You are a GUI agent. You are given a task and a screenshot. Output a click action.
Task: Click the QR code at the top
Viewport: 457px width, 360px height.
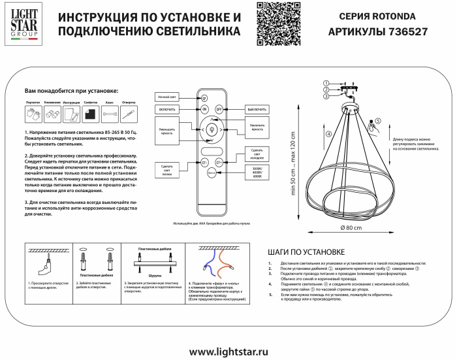coord(270,24)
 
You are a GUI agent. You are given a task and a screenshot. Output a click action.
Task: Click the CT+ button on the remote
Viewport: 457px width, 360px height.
coord(219,161)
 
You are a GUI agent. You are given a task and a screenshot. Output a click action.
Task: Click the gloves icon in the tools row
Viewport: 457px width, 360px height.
coord(34,114)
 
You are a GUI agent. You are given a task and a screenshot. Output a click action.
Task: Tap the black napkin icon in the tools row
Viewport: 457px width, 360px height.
coord(91,114)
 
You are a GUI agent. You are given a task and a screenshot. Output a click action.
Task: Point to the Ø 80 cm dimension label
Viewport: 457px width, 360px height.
coord(351,227)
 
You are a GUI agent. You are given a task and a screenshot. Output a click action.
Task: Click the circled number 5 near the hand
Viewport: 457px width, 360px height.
coord(377,121)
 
